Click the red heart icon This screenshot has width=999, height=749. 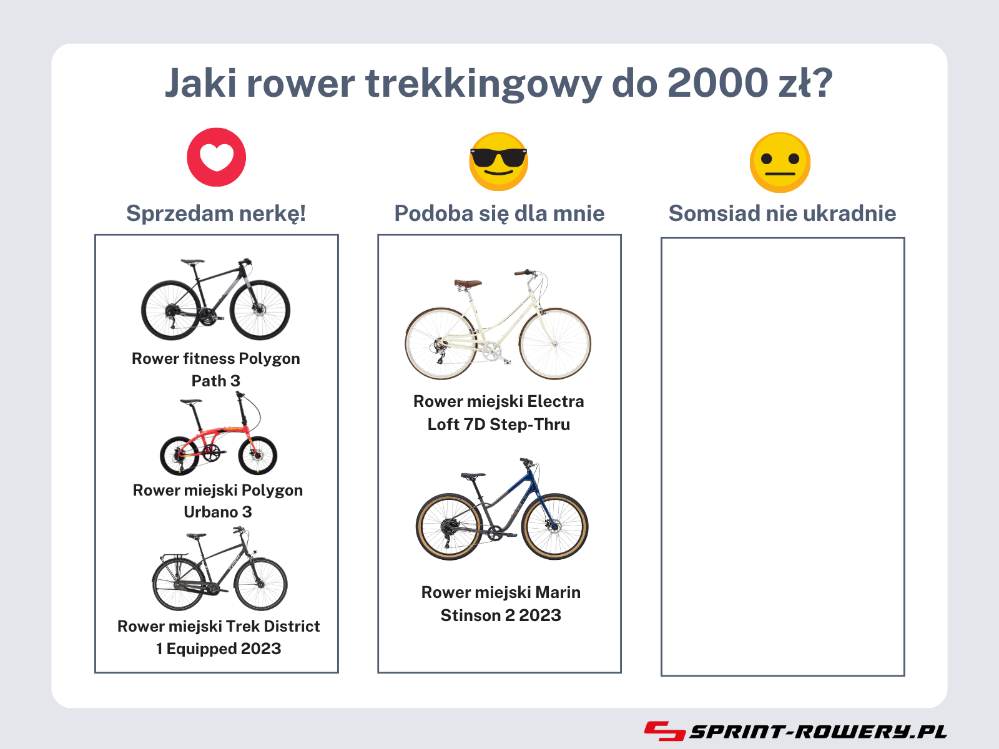[x=217, y=157]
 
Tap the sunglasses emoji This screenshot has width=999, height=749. [x=499, y=162]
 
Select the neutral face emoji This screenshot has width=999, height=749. [x=780, y=162]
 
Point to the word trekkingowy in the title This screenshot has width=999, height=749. [x=484, y=85]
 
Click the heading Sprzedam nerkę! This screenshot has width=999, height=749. [x=216, y=213]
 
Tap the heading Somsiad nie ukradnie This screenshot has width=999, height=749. [x=782, y=213]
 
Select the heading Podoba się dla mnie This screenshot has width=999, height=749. [x=499, y=213]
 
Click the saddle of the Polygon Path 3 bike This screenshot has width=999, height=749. [x=192, y=262]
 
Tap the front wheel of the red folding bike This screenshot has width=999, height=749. [x=258, y=455]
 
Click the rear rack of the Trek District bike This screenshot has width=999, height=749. [x=173, y=556]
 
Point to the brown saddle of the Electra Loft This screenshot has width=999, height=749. [x=468, y=283]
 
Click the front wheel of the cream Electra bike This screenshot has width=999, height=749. [x=555, y=344]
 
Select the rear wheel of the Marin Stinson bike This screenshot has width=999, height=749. [x=449, y=527]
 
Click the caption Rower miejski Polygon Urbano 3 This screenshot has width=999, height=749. [x=217, y=501]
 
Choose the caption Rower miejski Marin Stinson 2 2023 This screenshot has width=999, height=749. [x=501, y=604]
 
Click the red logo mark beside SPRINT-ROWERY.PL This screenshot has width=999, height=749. [x=665, y=731]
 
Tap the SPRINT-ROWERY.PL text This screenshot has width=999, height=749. [x=818, y=732]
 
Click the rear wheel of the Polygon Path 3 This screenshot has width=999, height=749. [x=170, y=310]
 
